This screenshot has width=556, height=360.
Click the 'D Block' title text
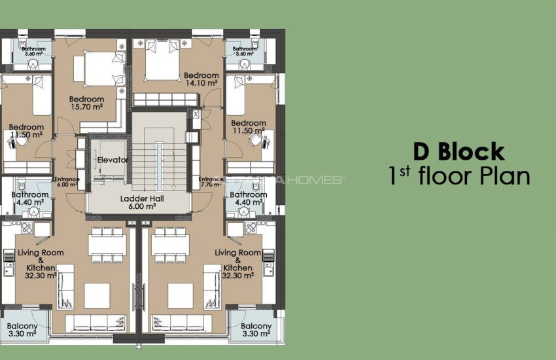click(x=459, y=151)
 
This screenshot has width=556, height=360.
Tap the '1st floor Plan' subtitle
click(x=459, y=176)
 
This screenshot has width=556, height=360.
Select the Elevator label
click(x=113, y=160)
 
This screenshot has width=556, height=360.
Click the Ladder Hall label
click(x=137, y=202)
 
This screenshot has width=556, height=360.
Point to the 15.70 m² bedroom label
click(x=86, y=103)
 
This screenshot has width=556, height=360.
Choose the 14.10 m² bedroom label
click(x=201, y=79)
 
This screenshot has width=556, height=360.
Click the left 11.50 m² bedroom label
click(x=26, y=131)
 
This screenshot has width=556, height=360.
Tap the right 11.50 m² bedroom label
click(x=249, y=127)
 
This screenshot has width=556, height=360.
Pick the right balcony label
click(x=256, y=330)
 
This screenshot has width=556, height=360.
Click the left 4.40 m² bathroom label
click(x=29, y=198)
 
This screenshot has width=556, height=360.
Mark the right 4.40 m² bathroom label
click(x=249, y=198)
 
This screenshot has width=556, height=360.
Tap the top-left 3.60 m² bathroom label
click(x=33, y=52)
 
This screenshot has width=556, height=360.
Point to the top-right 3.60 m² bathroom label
click(x=245, y=52)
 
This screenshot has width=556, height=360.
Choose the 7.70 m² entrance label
click(x=211, y=183)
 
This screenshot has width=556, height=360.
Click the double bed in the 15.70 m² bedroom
click(x=96, y=66)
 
